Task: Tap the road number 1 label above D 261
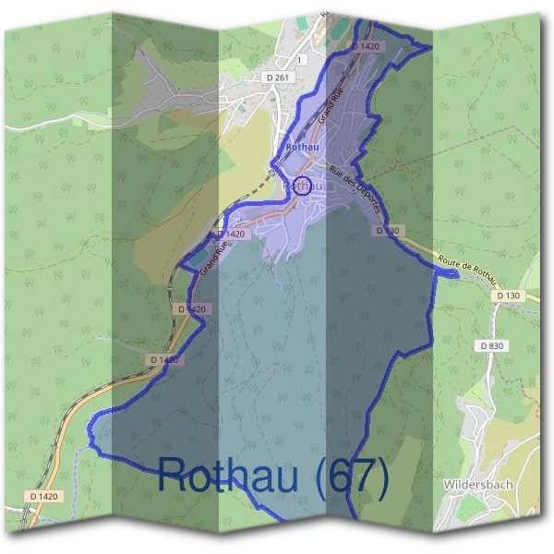click(x=299, y=59)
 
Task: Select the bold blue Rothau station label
click(x=302, y=147)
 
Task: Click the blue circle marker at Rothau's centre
click(x=301, y=185)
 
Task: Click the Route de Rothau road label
click(x=469, y=270)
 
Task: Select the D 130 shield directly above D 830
click(x=508, y=295)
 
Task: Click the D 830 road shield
click(x=491, y=344)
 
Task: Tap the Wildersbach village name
click(x=477, y=484)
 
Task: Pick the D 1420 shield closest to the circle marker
click(x=233, y=235)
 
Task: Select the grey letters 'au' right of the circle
click(x=317, y=185)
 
